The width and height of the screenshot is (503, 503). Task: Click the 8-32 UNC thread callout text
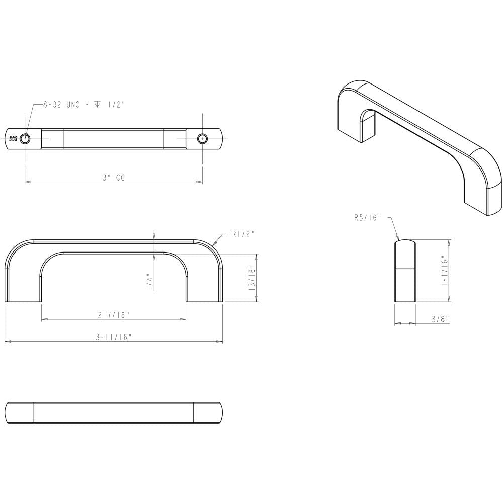coord(83,105)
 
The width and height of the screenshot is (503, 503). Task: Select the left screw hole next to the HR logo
coord(25,138)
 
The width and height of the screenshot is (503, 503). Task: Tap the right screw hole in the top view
coord(202,138)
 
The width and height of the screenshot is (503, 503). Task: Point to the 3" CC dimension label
coord(113,177)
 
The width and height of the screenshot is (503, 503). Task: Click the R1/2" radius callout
coord(243,234)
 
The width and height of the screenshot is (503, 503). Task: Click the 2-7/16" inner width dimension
coord(113,315)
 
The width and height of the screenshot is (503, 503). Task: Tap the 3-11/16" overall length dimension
coord(113,337)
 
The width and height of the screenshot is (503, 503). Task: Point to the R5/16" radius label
coord(367,218)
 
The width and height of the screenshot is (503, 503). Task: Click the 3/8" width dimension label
coord(440,319)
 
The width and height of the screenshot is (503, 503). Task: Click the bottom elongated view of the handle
coord(113,412)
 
